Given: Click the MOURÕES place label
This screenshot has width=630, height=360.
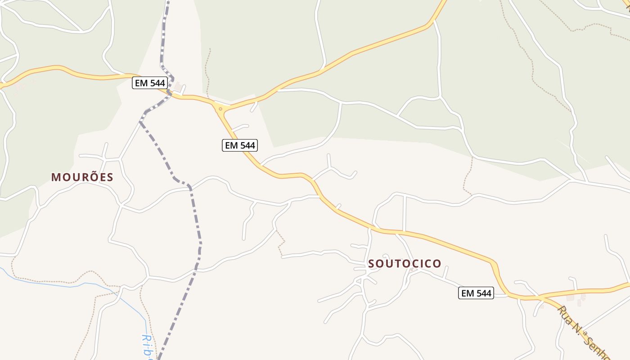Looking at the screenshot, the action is tap(82, 177).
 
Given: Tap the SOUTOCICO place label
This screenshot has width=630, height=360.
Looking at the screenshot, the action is tap(405, 264).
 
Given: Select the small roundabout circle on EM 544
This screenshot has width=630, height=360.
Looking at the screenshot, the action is tap(220, 109).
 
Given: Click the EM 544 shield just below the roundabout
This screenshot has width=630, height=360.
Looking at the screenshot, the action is tap(240, 145).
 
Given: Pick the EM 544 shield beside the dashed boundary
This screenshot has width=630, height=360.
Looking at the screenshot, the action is tap(150, 83).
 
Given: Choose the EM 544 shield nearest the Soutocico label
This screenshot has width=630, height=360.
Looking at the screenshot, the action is tap(476, 293).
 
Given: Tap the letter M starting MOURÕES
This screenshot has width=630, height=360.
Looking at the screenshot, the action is tap(56, 177).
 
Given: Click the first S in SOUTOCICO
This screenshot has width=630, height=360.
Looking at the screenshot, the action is tap(372, 264).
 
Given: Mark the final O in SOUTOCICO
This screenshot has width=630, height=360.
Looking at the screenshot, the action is tap(437, 264).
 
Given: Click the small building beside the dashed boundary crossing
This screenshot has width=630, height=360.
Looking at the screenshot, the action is tap(179, 85).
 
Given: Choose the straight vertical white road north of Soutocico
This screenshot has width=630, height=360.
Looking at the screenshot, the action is tap(405, 214).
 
